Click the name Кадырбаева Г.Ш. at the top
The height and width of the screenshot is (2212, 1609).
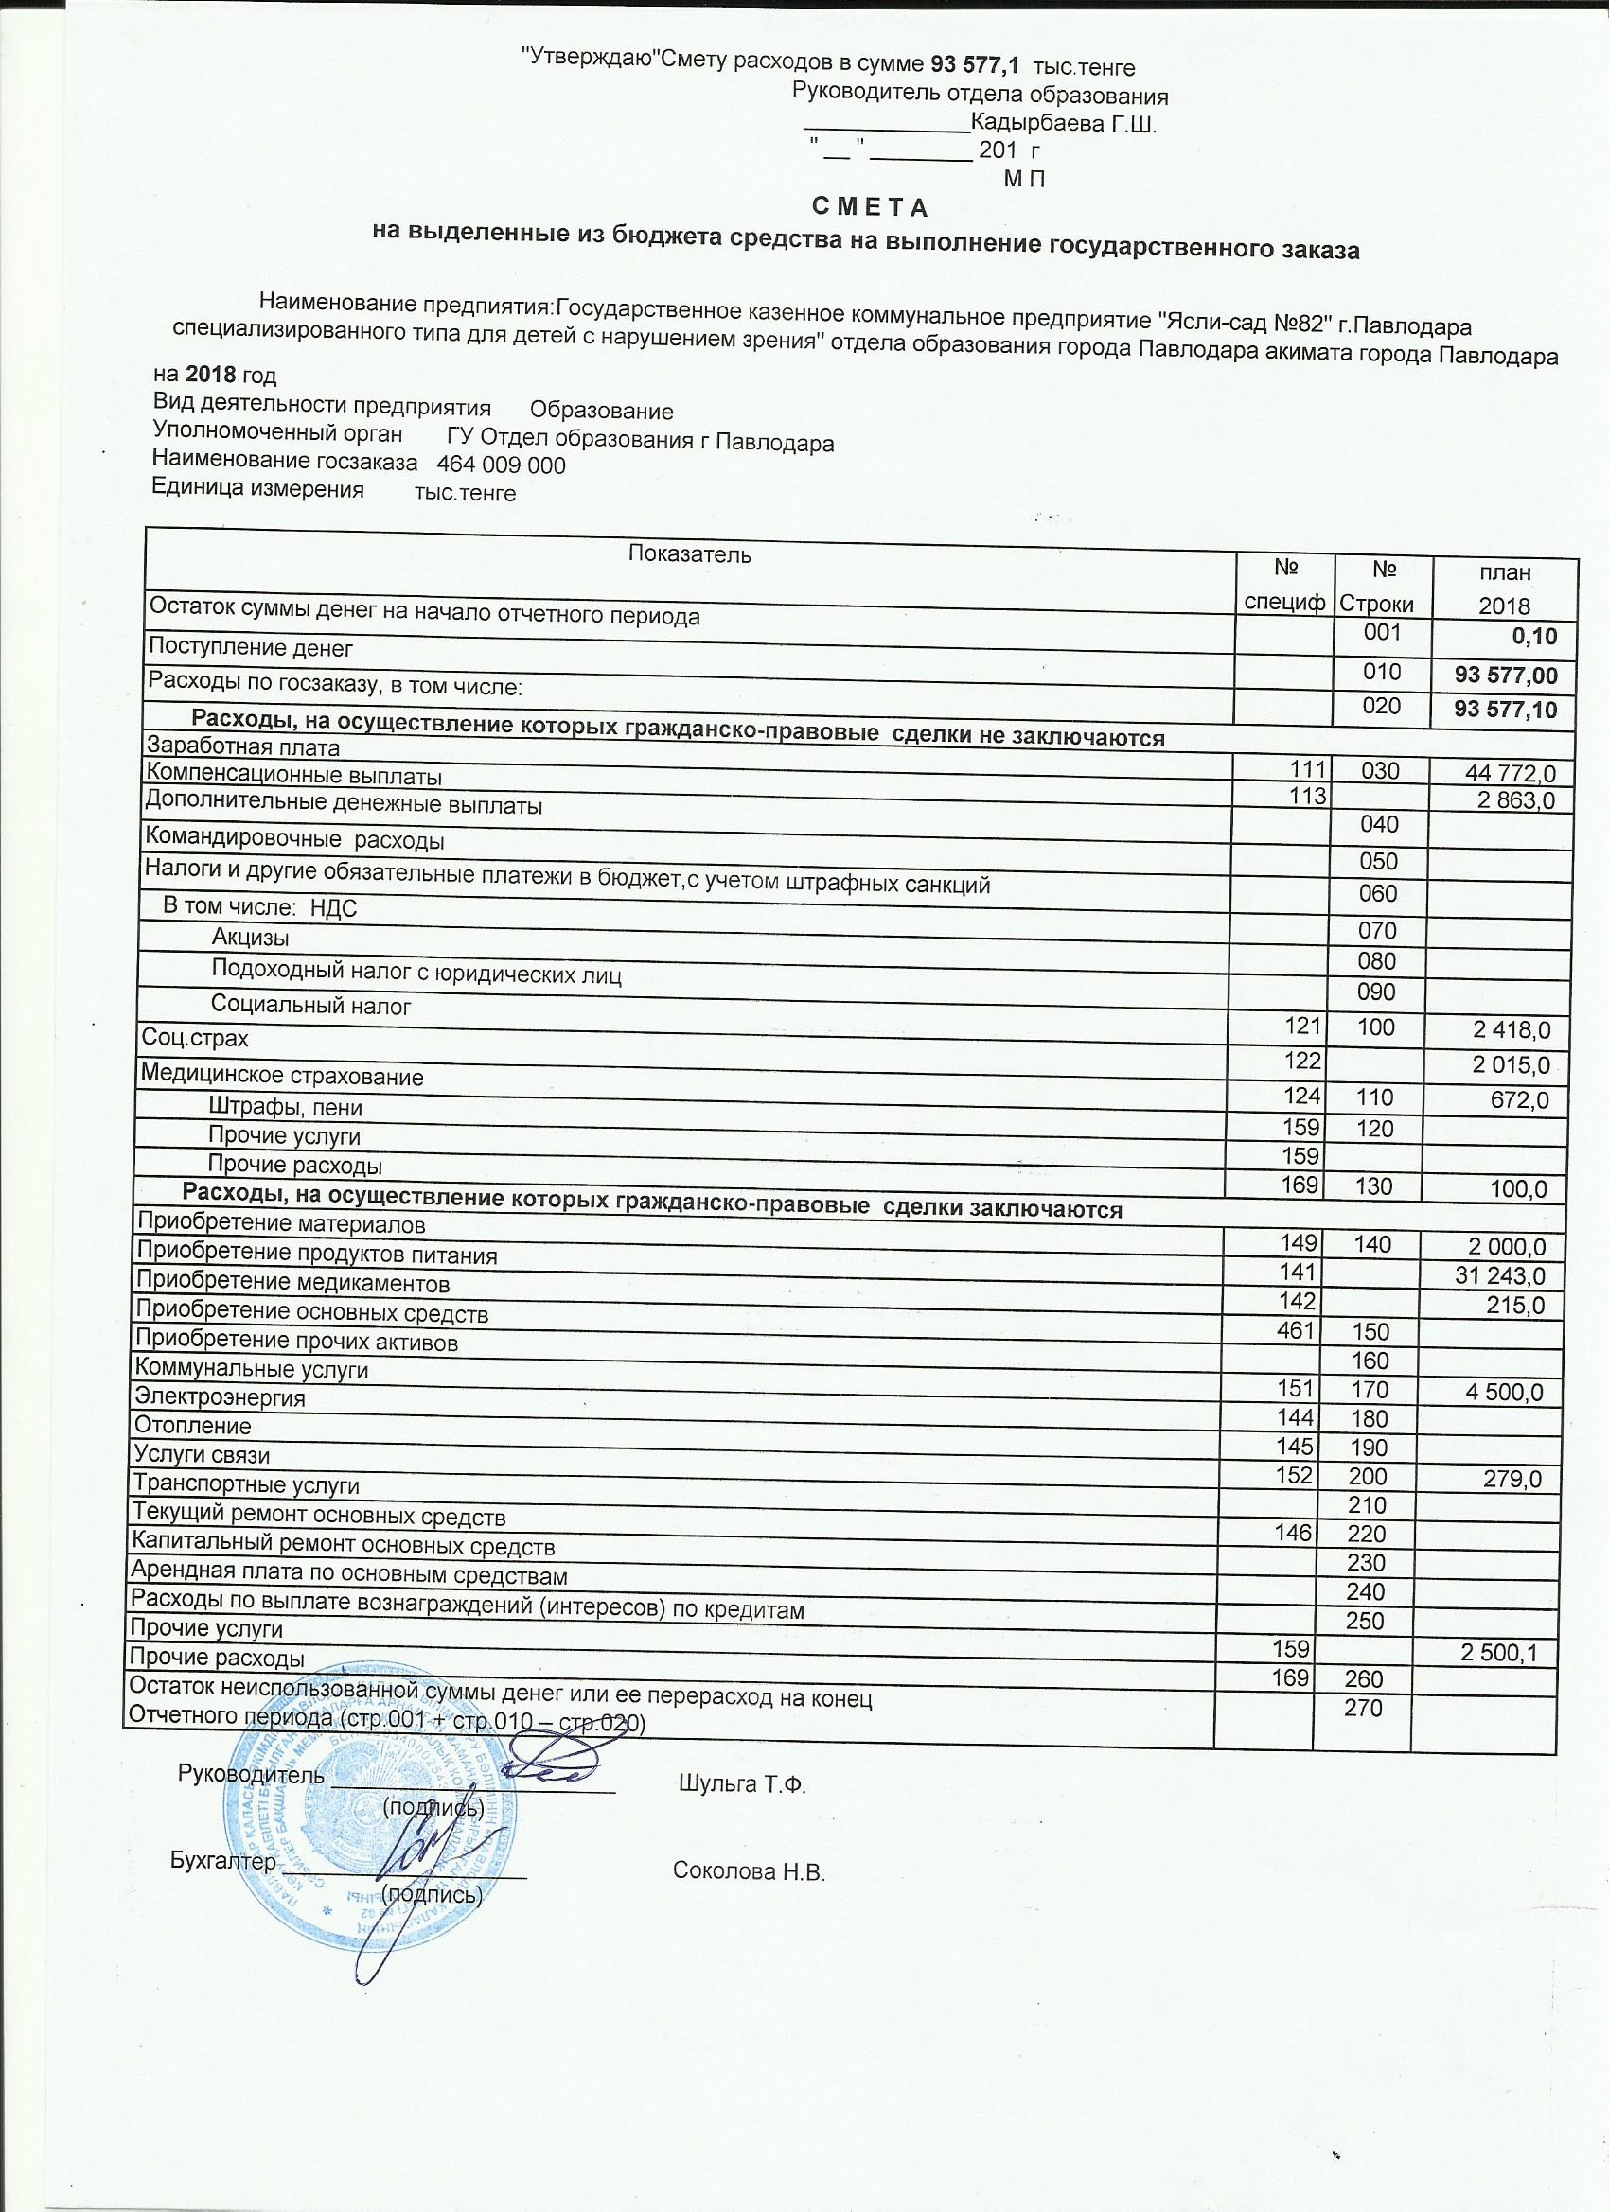[x=1064, y=125]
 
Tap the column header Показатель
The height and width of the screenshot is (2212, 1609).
[x=690, y=555]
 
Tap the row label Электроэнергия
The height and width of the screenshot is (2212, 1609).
[x=220, y=1397]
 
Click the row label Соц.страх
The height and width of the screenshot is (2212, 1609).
[x=194, y=1038]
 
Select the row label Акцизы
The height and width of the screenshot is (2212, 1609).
[x=250, y=939]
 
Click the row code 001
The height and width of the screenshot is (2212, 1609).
[x=1382, y=632]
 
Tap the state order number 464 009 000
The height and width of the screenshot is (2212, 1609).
[x=502, y=465]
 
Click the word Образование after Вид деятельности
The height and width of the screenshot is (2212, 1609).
[x=601, y=412]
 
